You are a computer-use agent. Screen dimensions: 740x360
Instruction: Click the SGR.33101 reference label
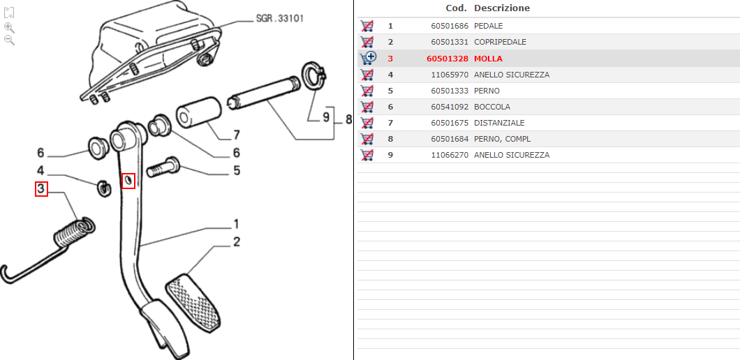pos(280,19)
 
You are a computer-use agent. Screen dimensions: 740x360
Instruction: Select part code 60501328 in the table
pos(447,59)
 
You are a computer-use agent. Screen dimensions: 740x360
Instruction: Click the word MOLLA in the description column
pos(489,59)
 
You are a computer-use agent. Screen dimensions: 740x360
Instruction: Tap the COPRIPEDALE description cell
pos(501,42)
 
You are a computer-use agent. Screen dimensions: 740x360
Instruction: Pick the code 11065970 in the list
pos(450,75)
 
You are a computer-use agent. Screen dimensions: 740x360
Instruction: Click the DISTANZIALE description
pos(499,123)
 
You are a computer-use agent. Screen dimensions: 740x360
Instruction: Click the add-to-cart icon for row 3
pos(368,59)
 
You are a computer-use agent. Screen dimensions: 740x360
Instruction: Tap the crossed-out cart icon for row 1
pos(367,26)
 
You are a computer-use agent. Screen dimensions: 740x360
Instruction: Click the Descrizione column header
pos(502,8)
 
